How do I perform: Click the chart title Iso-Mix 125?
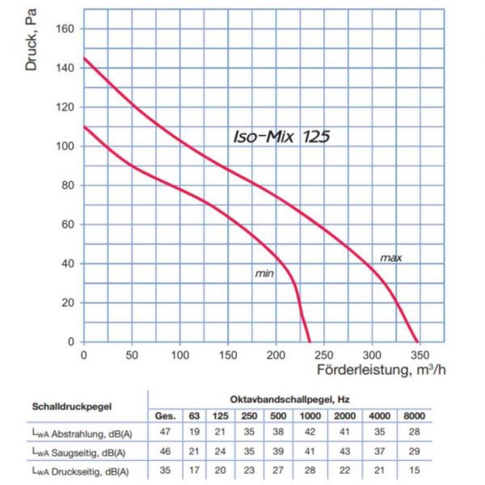click(280, 137)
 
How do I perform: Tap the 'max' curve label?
click(391, 258)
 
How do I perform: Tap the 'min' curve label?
click(264, 274)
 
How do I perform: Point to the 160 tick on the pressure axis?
click(65, 28)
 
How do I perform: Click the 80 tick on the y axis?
click(68, 185)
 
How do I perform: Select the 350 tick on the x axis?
click(420, 354)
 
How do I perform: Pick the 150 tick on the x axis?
click(228, 354)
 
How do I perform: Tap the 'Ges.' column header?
click(166, 415)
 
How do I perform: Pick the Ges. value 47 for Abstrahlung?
click(165, 432)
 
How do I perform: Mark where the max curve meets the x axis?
click(419, 342)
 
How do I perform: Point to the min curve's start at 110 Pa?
click(84, 126)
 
